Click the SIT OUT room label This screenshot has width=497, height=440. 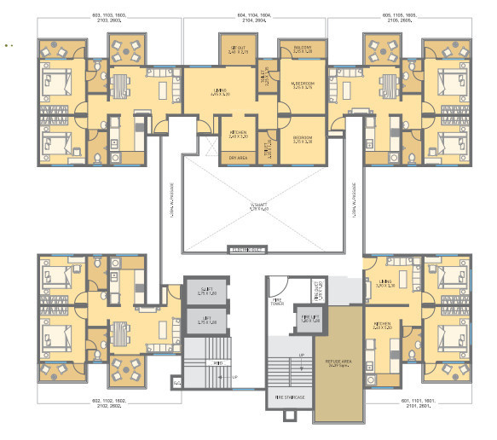(x=233, y=49)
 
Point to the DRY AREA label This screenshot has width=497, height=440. (x=238, y=158)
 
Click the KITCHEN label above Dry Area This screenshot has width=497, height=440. (x=237, y=133)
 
